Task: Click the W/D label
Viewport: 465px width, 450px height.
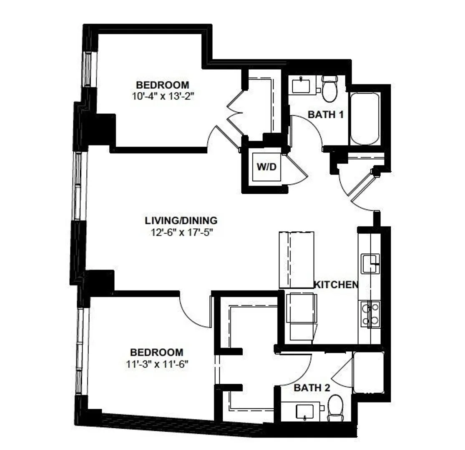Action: pos(266,167)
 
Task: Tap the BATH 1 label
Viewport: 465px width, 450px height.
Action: pos(326,114)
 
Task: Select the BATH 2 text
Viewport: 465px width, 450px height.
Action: pos(312,387)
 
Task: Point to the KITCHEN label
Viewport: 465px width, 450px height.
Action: pos(336,285)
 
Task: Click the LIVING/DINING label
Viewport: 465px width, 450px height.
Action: pos(181,220)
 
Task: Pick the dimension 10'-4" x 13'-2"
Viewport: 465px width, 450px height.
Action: pos(163,96)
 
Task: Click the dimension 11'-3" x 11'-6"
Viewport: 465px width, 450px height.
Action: pos(157,364)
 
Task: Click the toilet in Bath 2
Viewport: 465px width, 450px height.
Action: pos(335,407)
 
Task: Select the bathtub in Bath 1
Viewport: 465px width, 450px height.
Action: pos(365,119)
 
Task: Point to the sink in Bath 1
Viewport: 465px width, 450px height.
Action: pos(301,86)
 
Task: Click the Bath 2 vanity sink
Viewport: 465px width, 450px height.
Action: pos(305,412)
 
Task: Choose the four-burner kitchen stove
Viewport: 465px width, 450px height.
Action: pos(370,314)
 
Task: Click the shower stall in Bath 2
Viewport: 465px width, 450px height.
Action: pos(369,372)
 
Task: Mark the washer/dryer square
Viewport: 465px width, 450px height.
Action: pos(266,167)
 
